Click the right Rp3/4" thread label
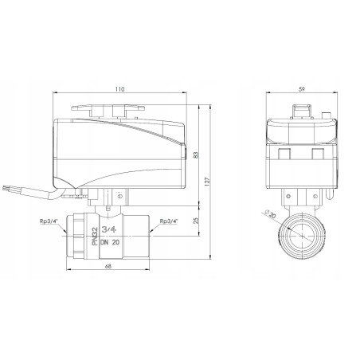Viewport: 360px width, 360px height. (x=169, y=221)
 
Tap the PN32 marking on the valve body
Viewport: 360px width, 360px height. (x=95, y=236)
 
